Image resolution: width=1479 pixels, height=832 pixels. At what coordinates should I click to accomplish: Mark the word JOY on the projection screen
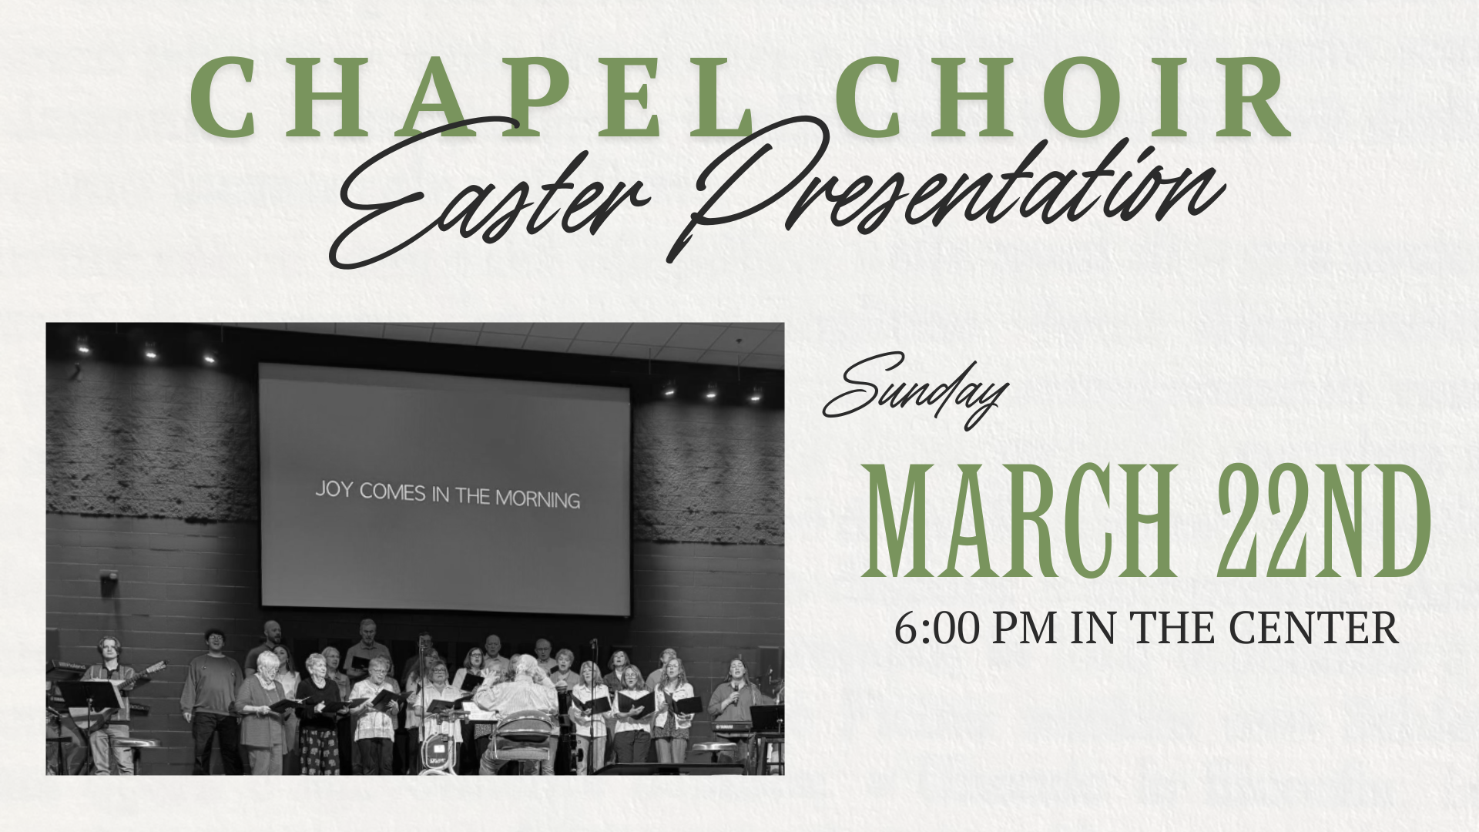click(334, 490)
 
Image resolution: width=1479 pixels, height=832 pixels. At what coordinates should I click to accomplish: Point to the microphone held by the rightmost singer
click(735, 692)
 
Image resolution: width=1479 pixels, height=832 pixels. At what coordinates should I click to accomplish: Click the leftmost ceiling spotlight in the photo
click(82, 347)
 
